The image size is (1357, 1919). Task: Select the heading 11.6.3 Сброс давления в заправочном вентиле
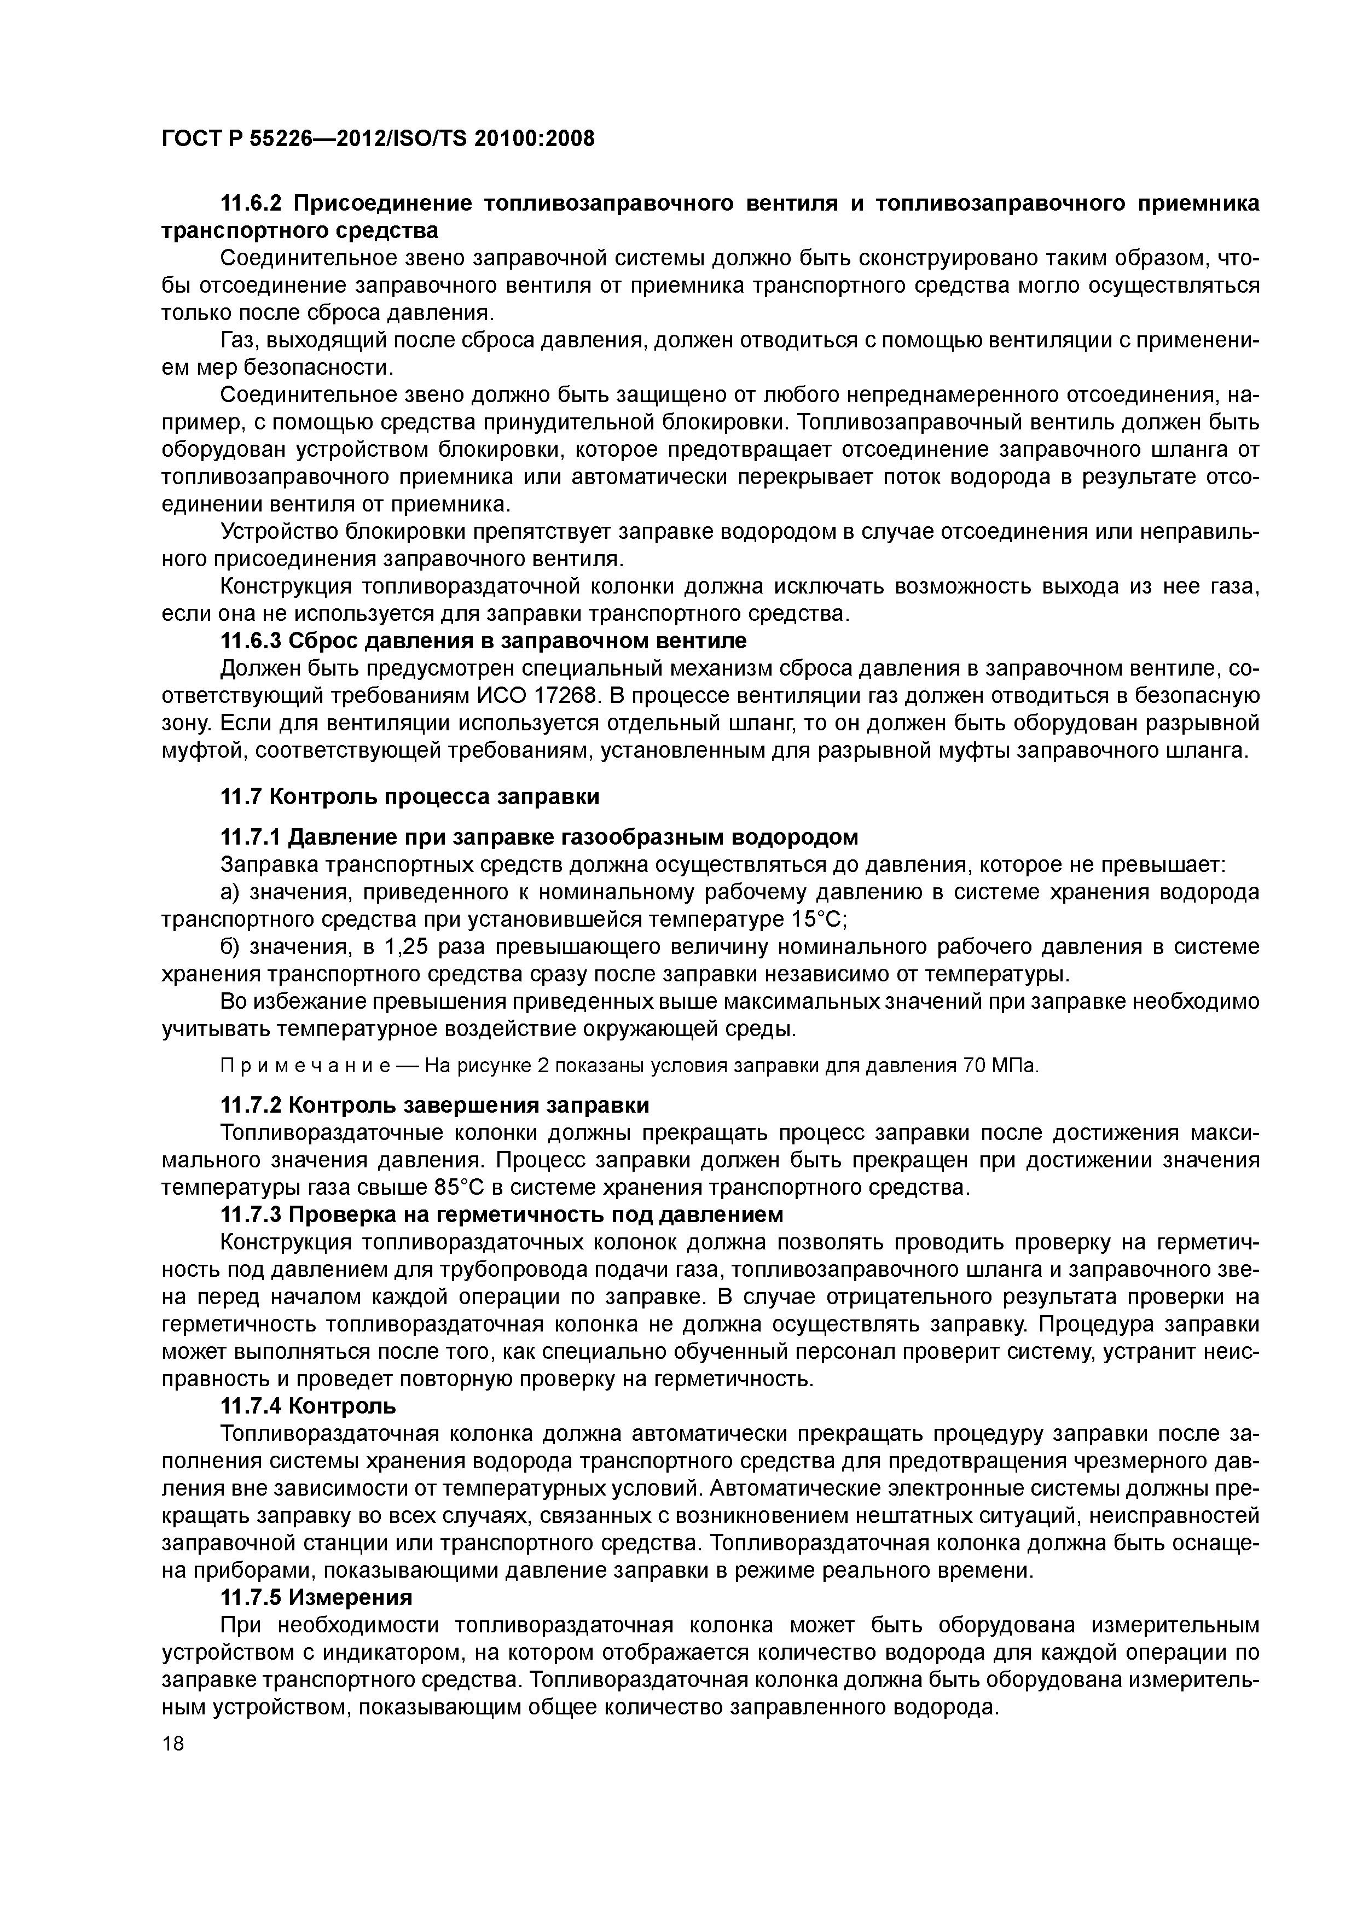point(483,641)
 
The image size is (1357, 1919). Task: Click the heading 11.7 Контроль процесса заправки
point(409,796)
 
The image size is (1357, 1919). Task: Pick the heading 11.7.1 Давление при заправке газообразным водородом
point(538,836)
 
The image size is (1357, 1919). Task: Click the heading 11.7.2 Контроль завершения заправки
point(434,1105)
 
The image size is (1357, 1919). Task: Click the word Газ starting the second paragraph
point(238,340)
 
